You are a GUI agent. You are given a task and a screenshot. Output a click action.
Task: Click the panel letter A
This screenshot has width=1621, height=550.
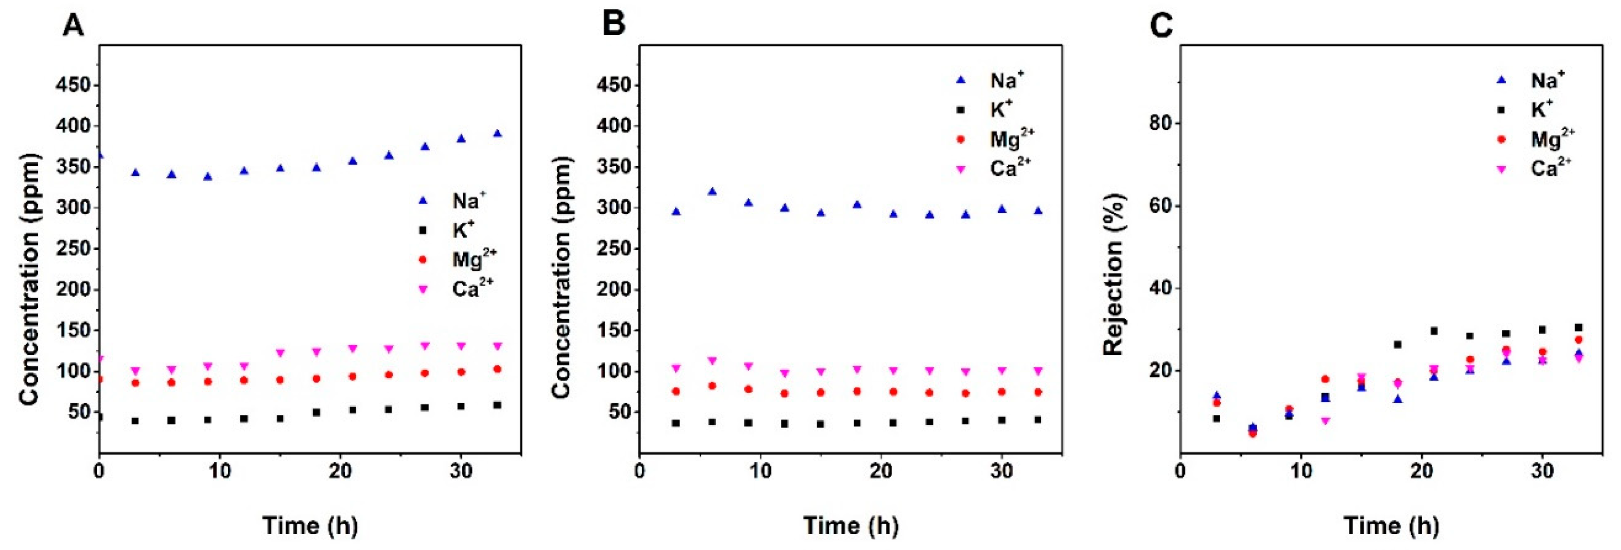pyautogui.click(x=74, y=26)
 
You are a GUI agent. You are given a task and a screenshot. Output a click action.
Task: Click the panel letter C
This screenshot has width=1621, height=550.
pyautogui.click(x=1161, y=26)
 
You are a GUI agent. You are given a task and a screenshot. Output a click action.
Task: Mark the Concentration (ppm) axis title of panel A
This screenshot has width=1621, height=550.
pyautogui.click(x=29, y=279)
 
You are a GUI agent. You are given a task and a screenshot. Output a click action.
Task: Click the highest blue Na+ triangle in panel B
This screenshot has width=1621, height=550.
pyautogui.click(x=712, y=191)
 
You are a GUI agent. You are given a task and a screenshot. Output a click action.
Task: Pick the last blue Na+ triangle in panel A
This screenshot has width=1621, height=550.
pyautogui.click(x=497, y=133)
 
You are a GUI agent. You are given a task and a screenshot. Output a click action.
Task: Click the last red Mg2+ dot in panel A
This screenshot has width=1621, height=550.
pyautogui.click(x=497, y=369)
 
